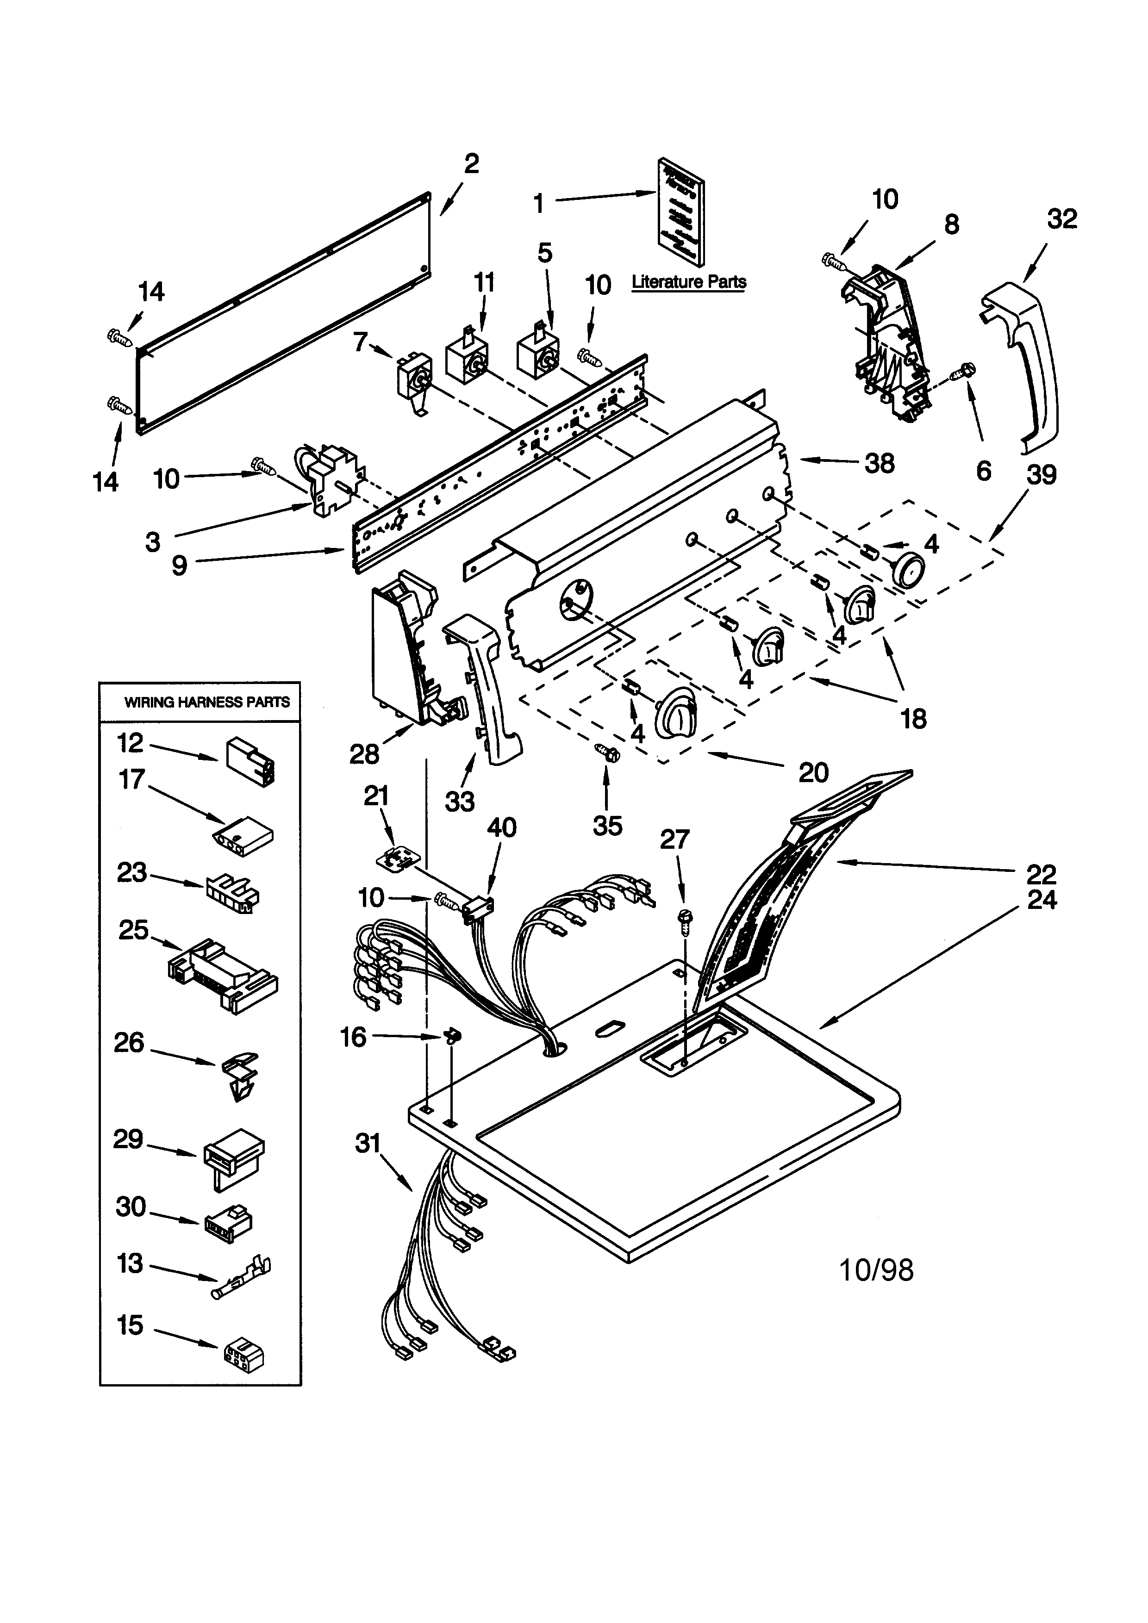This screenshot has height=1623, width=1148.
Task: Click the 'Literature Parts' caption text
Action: coord(688,281)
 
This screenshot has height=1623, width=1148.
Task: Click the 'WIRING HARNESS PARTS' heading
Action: coord(206,702)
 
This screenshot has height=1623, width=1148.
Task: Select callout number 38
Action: coord(880,464)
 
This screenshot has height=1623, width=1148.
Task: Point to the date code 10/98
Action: coord(876,1270)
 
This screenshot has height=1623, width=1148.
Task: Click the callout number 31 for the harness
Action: coord(368,1143)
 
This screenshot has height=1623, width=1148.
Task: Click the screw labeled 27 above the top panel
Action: coord(684,917)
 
